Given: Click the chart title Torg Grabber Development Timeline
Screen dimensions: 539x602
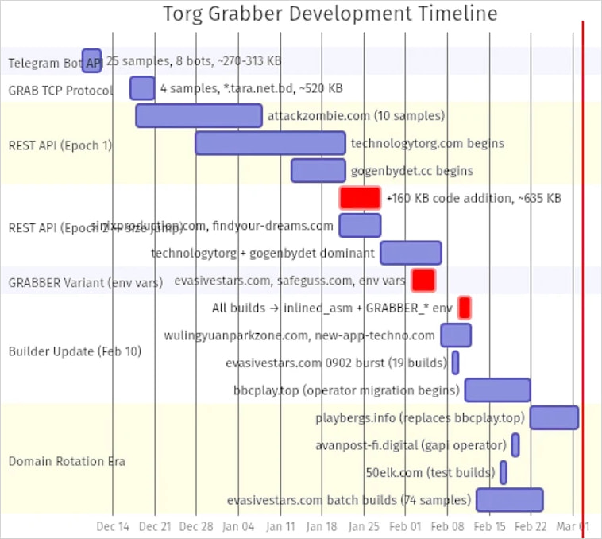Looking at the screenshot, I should [x=330, y=14].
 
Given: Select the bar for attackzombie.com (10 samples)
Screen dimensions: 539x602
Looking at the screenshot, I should [x=199, y=115].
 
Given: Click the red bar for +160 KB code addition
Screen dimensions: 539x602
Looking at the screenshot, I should [x=360, y=198].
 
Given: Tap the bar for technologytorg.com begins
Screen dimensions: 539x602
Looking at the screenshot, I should [x=270, y=143].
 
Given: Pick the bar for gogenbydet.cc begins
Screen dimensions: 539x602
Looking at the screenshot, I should [x=318, y=170].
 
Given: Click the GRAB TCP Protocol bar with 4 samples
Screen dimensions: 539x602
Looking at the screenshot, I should [x=142, y=88].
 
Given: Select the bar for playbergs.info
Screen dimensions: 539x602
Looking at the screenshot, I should [x=554, y=417].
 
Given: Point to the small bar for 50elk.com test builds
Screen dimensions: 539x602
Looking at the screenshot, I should [x=504, y=472].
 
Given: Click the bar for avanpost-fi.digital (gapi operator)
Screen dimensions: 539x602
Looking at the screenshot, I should [x=515, y=444].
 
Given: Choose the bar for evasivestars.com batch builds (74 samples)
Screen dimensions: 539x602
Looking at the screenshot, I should [x=509, y=500].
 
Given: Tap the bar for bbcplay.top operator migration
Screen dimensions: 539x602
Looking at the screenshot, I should [x=497, y=390].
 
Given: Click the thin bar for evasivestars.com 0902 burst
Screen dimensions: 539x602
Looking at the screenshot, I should [x=455, y=363].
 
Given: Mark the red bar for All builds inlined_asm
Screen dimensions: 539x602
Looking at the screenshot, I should [x=465, y=308].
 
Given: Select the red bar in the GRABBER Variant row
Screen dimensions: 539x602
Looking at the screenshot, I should [x=423, y=280].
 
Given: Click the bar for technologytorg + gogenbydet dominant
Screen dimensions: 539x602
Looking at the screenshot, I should [x=411, y=253].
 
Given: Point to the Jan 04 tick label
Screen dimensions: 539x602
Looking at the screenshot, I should [x=238, y=526].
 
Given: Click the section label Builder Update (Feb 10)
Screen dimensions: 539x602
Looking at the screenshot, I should [x=75, y=351].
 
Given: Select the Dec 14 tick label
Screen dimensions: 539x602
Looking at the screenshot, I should [x=113, y=526].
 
